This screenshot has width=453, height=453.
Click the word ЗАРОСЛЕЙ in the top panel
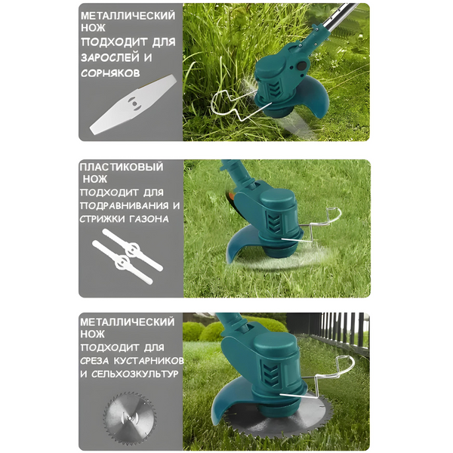109,57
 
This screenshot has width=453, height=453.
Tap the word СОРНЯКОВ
110,72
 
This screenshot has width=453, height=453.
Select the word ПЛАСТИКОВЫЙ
122,167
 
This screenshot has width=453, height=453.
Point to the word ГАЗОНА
149,219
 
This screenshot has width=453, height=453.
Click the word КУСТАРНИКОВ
149,361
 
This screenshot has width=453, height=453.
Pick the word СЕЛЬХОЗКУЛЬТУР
134,374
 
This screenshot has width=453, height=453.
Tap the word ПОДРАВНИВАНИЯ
125,205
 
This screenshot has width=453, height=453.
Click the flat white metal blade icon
133,105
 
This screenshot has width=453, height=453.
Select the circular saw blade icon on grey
130,417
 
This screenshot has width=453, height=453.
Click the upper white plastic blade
133,249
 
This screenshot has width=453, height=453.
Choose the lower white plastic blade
122,262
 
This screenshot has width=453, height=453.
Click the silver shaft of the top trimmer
341,17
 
